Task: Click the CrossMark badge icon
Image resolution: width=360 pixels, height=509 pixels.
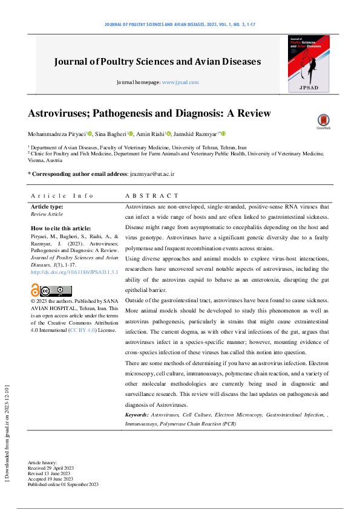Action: click(323, 122)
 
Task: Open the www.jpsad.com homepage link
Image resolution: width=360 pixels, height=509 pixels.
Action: click(180, 82)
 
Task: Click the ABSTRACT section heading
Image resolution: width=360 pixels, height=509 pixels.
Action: click(152, 196)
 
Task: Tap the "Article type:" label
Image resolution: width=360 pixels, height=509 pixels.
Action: click(47, 207)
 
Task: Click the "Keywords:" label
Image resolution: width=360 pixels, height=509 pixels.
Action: click(137, 415)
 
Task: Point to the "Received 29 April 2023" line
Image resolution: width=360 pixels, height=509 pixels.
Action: click(50, 468)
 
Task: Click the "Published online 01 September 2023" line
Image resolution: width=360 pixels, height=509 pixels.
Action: click(63, 484)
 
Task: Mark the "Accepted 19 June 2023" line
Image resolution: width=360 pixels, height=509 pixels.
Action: click(50, 479)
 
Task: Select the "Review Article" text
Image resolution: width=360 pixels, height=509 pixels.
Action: click(47, 214)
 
